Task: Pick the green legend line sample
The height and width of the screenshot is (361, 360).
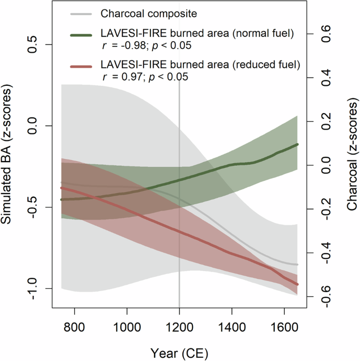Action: (x=83, y=34)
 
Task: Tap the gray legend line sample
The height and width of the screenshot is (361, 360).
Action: (x=83, y=13)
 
